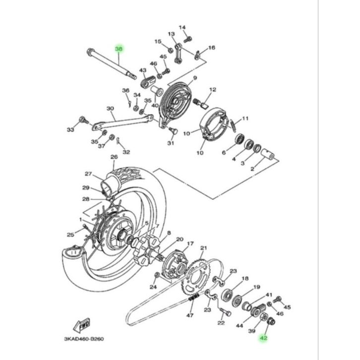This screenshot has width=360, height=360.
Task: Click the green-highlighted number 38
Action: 119,49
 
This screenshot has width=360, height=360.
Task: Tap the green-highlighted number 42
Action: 263,337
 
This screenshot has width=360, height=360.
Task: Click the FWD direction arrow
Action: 82,326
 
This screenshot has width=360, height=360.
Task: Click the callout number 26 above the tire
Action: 113,157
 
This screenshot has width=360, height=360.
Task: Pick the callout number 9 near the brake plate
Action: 195,78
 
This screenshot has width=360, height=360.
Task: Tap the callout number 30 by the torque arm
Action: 110,109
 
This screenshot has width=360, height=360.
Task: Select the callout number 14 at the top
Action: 181,27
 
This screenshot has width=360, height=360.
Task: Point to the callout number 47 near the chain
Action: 190,315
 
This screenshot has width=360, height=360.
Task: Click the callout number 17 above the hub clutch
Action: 189,244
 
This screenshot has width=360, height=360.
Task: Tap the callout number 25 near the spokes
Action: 70,235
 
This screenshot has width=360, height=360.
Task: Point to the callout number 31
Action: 171,144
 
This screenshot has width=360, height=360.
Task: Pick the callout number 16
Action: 212,48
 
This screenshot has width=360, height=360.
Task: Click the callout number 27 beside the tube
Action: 88,174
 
